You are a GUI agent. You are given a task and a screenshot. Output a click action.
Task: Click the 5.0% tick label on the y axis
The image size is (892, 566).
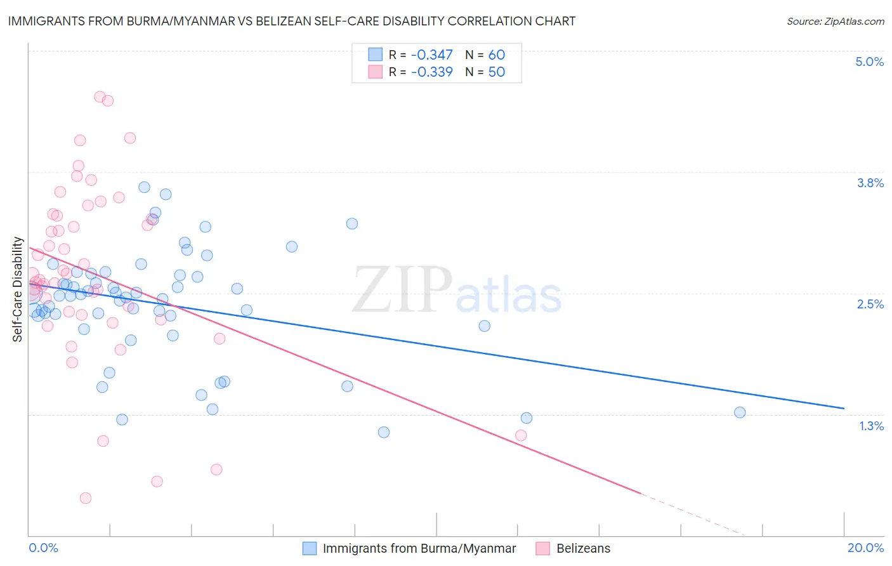[x=869, y=62]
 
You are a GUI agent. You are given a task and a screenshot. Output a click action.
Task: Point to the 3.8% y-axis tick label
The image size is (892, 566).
[x=870, y=183]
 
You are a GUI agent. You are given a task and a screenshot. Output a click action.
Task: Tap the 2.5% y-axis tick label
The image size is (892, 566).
[x=870, y=304]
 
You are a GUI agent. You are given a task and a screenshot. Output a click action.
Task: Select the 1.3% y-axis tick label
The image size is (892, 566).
[x=871, y=426]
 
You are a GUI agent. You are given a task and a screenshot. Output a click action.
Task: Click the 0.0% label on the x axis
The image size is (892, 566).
[x=43, y=548]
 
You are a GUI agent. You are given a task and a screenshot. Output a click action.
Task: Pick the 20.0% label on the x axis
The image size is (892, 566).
[x=865, y=548]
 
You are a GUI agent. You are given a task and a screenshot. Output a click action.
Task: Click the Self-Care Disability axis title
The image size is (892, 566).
[x=18, y=289]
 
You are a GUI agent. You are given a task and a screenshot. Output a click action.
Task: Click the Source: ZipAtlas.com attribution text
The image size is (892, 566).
[x=835, y=21]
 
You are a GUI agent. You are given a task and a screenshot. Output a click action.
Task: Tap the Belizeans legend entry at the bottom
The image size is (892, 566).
[x=583, y=548]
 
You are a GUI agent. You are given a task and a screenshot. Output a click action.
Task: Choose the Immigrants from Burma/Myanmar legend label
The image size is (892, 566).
[x=419, y=548]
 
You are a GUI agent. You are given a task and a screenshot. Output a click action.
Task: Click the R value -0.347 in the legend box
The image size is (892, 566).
[x=431, y=55]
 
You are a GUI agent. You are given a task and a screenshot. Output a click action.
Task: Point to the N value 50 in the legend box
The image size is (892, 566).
[x=496, y=72]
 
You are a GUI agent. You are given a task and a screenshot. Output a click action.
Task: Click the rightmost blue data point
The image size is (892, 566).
[x=740, y=412]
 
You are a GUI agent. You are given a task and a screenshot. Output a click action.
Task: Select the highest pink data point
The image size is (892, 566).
[x=100, y=97]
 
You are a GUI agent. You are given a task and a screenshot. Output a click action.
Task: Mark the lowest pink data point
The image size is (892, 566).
[x=86, y=498]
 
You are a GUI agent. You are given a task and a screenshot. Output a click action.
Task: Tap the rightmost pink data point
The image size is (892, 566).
[x=521, y=435]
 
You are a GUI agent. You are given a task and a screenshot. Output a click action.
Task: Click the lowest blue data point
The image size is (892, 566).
[x=384, y=432]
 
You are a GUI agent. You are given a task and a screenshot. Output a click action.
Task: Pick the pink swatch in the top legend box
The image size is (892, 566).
[x=376, y=72]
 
